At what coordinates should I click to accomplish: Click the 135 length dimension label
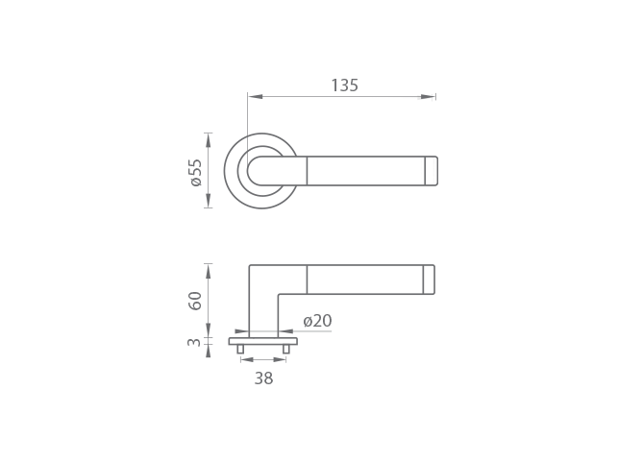pyautogui.click(x=344, y=85)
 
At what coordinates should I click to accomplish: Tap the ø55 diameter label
pyautogui.click(x=196, y=172)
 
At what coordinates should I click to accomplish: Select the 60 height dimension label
pyautogui.click(x=195, y=301)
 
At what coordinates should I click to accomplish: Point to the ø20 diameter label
pyautogui.click(x=318, y=321)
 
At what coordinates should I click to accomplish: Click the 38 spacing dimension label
pyautogui.click(x=263, y=378)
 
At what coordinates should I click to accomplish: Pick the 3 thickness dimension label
pyautogui.click(x=194, y=342)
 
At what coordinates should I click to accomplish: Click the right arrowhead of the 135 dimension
pyautogui.click(x=428, y=97)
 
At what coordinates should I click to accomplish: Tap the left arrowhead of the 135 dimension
pyautogui.click(x=256, y=97)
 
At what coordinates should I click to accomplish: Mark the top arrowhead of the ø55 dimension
pyautogui.click(x=209, y=140)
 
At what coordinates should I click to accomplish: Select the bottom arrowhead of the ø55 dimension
pyautogui.click(x=209, y=201)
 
